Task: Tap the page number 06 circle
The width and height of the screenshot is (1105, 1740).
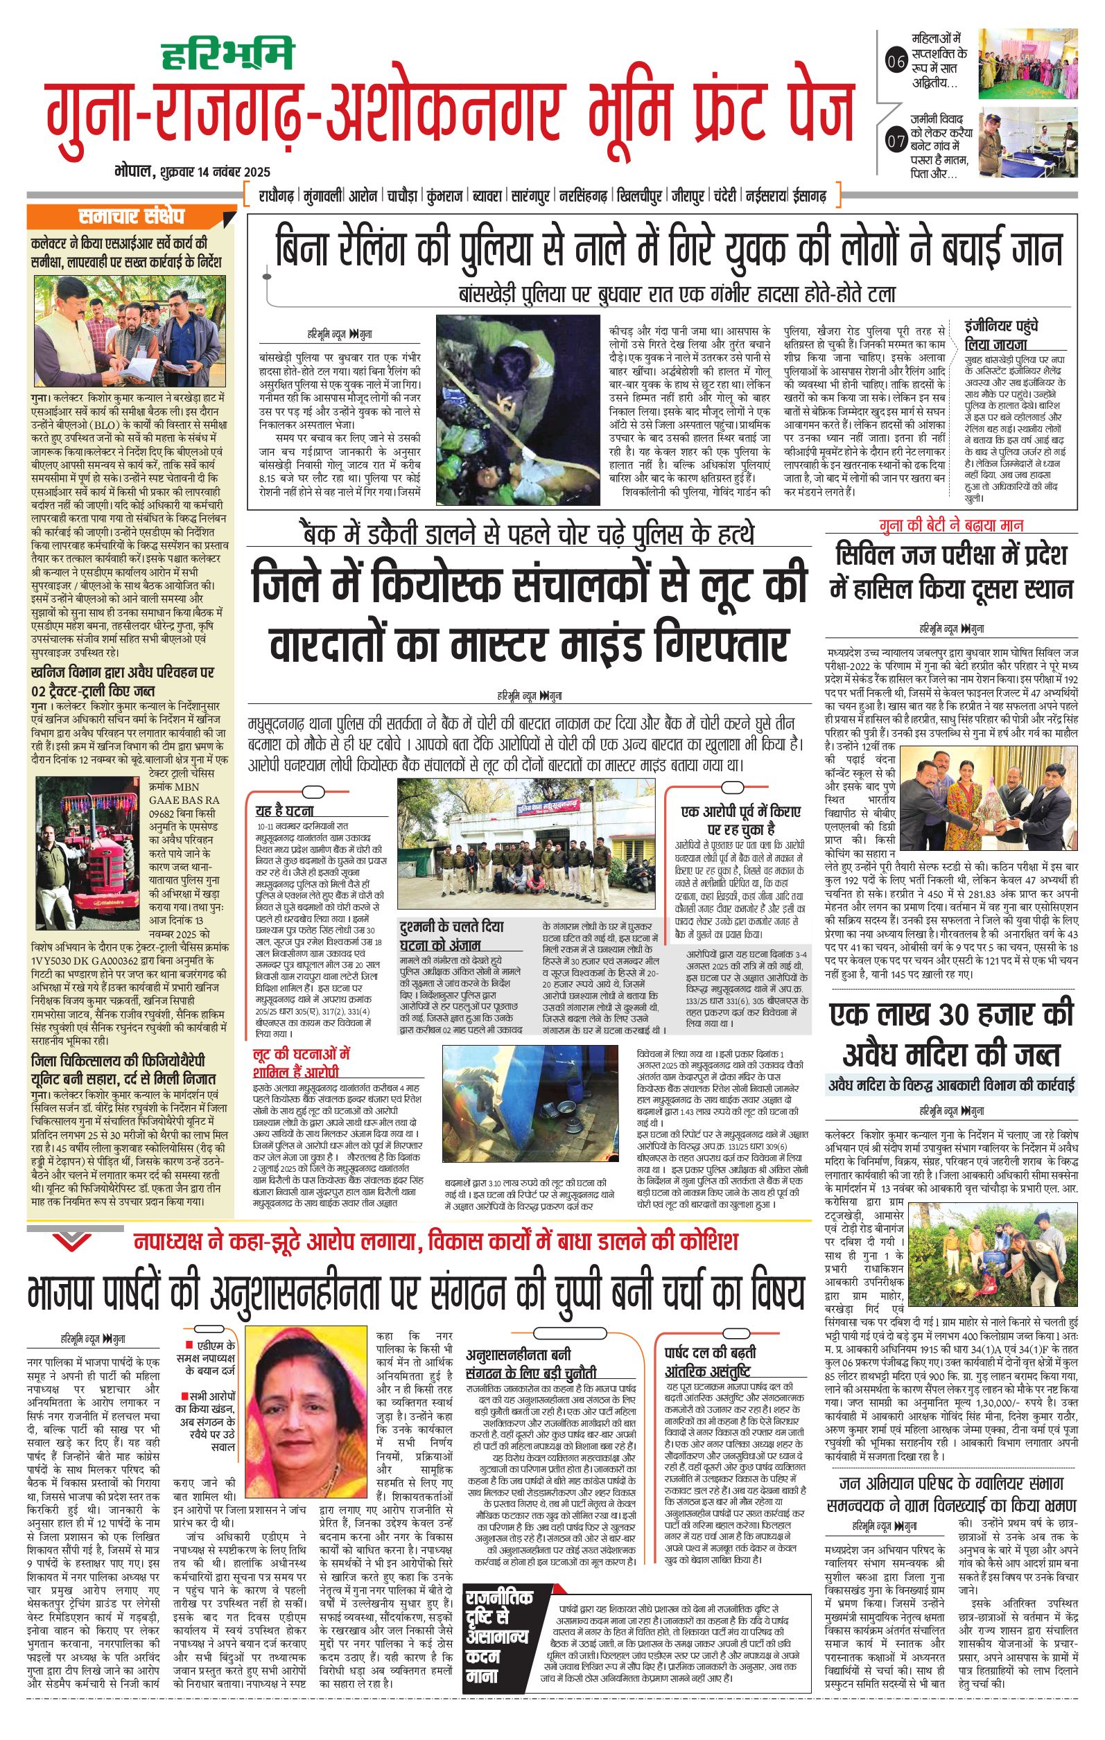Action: tap(896, 62)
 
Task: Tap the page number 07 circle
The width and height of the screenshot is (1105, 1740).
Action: tap(896, 141)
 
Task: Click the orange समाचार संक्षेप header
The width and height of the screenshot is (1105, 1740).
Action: tap(132, 216)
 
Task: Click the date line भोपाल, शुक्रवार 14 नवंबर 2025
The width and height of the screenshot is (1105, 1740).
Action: tap(192, 172)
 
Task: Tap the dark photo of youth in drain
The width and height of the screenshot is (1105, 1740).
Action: tap(518, 410)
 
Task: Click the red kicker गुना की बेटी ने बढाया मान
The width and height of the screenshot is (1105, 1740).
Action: tap(951, 525)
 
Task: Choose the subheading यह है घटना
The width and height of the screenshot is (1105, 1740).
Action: tap(285, 811)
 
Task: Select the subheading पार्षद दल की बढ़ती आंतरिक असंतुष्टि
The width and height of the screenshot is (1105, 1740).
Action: tap(710, 1361)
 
